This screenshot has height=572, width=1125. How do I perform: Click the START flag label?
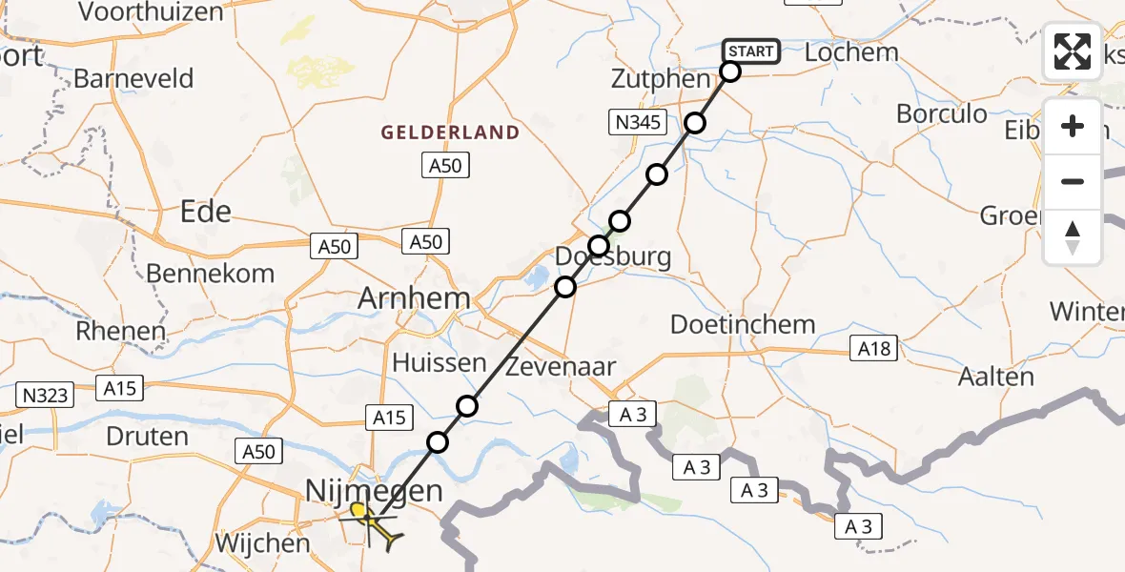[x=751, y=51]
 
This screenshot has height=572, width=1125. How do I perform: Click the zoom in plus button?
[x=1073, y=126]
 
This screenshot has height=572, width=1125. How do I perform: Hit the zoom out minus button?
[x=1073, y=181]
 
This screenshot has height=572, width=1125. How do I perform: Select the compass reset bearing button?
[x=1073, y=237]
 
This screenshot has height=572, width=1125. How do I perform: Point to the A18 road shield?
[x=874, y=349]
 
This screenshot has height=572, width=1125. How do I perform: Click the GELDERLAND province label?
[x=451, y=133]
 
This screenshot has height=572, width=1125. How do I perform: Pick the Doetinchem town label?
[x=743, y=324]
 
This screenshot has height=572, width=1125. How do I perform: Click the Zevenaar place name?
[x=561, y=366]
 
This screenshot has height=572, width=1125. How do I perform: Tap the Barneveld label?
[x=133, y=78]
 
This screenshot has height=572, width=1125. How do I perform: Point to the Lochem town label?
[x=851, y=52]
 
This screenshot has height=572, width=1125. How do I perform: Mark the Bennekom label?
[x=210, y=274]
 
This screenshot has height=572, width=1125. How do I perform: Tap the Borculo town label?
[x=942, y=114]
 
